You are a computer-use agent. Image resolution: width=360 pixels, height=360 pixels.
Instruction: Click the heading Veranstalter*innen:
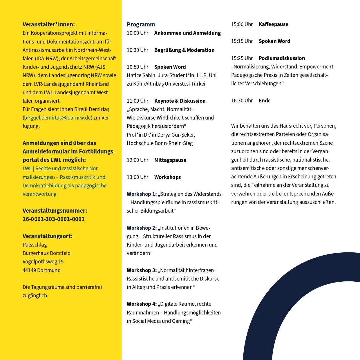coord(48,24)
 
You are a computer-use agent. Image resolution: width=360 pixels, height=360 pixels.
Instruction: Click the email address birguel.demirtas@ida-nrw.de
coord(58,118)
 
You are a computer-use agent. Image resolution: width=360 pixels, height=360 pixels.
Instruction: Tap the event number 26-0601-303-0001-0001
coord(54,219)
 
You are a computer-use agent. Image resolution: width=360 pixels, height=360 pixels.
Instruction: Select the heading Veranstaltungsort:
coord(48,236)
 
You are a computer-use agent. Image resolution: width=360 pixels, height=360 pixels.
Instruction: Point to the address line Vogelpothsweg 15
coord(43,262)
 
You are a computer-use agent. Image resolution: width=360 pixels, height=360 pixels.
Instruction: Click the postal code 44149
coord(29,270)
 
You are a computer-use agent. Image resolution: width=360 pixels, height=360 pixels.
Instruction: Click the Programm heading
coord(141,24)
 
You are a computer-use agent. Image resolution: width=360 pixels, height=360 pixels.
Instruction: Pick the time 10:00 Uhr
coord(138,33)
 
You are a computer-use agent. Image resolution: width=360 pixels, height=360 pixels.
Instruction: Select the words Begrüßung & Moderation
coord(184,50)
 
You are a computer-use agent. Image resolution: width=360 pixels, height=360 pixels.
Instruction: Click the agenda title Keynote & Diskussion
coord(180,101)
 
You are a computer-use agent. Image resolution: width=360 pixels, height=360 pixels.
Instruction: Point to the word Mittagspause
coord(170,160)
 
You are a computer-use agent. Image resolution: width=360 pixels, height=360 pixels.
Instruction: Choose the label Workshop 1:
coord(142,194)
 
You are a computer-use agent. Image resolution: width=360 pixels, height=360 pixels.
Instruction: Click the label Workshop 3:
coord(142,270)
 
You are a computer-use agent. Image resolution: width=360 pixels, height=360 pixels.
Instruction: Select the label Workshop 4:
coord(142,304)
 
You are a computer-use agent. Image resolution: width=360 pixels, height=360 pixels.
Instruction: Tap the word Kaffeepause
coord(273,24)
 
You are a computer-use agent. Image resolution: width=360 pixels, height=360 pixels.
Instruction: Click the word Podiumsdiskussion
coord(282,58)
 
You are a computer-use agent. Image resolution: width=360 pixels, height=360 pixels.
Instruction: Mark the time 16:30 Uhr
coord(242,101)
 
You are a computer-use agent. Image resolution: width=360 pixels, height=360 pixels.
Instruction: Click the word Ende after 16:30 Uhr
coord(265,101)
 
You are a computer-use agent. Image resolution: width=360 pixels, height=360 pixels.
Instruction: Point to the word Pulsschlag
coord(35,245)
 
